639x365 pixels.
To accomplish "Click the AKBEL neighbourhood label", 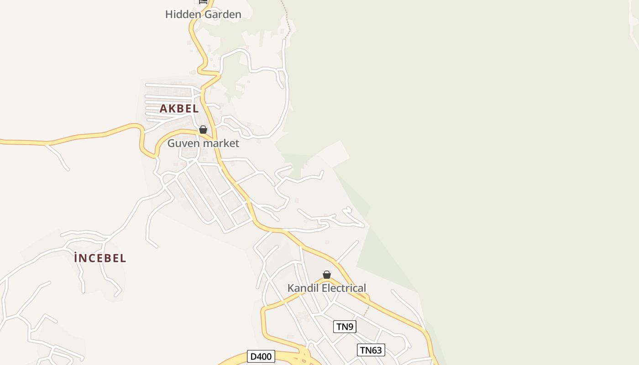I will [x=179, y=109].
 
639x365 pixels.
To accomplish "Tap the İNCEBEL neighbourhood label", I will [x=100, y=258].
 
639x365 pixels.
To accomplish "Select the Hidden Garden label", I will [x=203, y=14].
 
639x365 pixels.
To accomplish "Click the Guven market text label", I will [x=203, y=143].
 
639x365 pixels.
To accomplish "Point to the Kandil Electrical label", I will [x=326, y=288].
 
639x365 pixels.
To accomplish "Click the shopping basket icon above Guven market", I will [x=203, y=130].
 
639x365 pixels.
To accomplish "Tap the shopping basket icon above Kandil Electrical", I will [x=327, y=275].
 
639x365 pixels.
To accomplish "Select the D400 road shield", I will [x=261, y=356].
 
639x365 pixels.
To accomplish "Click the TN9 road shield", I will [x=345, y=327].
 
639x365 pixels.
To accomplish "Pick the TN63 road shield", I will [x=371, y=350].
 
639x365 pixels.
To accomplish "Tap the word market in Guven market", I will [x=221, y=143].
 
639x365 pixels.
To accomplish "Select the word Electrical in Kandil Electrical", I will [x=344, y=288].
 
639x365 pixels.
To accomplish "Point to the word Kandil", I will [x=303, y=288].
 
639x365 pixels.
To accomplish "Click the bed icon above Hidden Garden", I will [x=203, y=2].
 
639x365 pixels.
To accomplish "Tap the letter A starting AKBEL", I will [x=163, y=109].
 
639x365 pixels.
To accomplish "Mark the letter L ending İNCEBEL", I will [x=123, y=258].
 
